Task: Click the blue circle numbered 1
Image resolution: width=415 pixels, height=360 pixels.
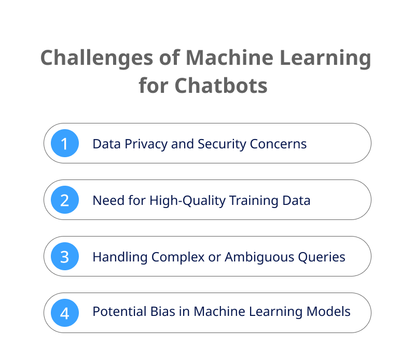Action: pos(65,143)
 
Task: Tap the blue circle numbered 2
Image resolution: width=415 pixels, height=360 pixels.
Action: pos(65,200)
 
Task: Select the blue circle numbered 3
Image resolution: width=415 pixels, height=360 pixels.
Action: pos(65,256)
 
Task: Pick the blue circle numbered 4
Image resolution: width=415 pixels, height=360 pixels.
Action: pos(65,313)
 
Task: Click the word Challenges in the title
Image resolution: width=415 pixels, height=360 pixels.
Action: pos(97,59)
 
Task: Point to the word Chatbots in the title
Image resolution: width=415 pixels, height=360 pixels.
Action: pos(221,86)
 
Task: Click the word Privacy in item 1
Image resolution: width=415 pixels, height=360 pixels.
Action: pos(146,145)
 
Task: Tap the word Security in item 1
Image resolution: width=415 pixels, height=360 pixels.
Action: pos(222,145)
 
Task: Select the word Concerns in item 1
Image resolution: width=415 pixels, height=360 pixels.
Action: pos(278,144)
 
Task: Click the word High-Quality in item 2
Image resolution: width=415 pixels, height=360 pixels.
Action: pos(187,201)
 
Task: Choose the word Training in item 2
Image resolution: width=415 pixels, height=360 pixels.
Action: pos(254,201)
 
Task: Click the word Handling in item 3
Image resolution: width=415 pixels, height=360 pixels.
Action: pos(120,257)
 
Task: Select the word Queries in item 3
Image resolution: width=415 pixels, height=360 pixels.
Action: pos(322,257)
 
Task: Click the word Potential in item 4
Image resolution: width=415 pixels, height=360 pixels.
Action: pos(120,311)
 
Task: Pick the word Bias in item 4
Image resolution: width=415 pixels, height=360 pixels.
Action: pos(163,311)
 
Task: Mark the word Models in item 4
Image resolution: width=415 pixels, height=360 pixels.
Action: pos(328,311)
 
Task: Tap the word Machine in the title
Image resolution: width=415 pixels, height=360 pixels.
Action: pos(229,58)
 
